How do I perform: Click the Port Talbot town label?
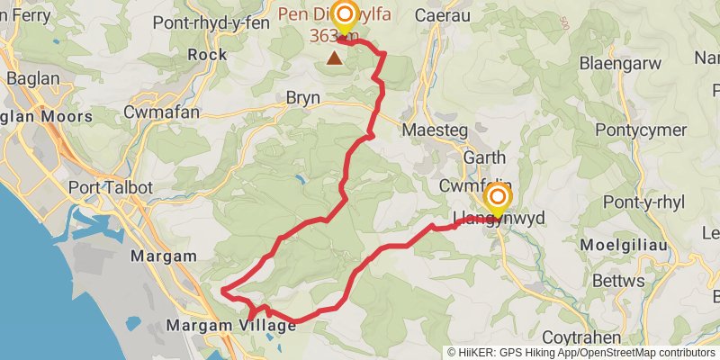[111, 188]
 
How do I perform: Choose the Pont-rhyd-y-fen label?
[211, 22]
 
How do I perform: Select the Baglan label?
[32, 78]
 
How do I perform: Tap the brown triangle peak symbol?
[335, 58]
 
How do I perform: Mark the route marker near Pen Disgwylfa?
[344, 15]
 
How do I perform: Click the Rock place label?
[206, 55]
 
